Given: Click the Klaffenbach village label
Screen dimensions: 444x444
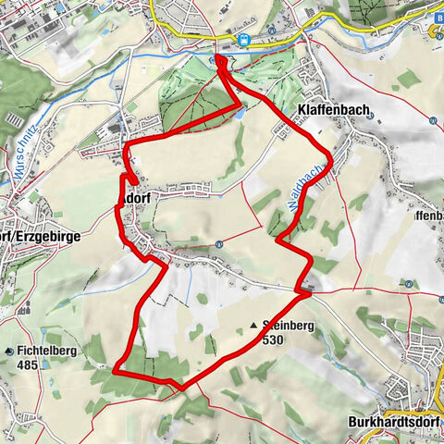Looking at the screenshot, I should coord(334,109).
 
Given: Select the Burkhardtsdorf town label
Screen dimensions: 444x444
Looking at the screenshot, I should coord(395,423).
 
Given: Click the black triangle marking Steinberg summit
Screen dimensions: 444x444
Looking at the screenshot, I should coord(253,326).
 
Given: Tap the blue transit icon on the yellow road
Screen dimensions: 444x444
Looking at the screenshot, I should coord(244,40).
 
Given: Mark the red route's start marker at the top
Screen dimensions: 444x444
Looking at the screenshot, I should coord(221,62).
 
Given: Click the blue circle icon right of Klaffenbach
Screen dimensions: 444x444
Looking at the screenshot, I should coord(433,120).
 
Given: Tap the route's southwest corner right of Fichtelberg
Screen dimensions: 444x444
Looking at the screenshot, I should coord(116,370).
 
